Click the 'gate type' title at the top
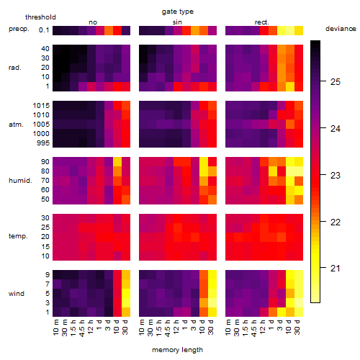[178, 12]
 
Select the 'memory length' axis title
[177, 350]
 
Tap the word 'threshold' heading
[40, 17]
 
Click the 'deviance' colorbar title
[341, 29]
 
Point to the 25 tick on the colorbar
[323, 81]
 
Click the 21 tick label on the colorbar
[336, 269]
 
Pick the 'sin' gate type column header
[177, 22]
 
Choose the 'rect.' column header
[261, 22]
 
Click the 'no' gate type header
[93, 22]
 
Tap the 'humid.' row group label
[20, 181]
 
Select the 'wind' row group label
[17, 294]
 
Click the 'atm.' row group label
[16, 125]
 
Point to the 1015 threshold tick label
[41, 106]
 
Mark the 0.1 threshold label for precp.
[44, 30]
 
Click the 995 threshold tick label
[43, 143]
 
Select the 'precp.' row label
[19, 29]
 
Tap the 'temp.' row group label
[18, 236]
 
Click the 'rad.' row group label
[15, 68]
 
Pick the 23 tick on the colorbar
[323, 175]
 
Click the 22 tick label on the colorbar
[336, 222]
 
